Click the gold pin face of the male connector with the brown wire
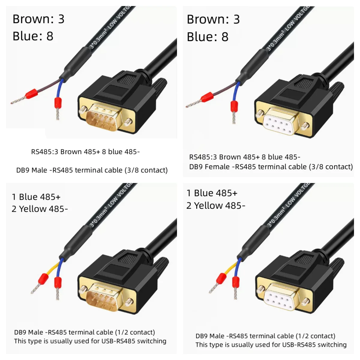click(x=102, y=117)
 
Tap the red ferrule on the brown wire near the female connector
click(x=207, y=97)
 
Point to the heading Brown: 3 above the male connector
click(x=38, y=19)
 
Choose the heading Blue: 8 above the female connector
click(x=207, y=37)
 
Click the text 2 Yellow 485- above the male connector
click(x=40, y=209)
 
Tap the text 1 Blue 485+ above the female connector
click(x=212, y=193)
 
